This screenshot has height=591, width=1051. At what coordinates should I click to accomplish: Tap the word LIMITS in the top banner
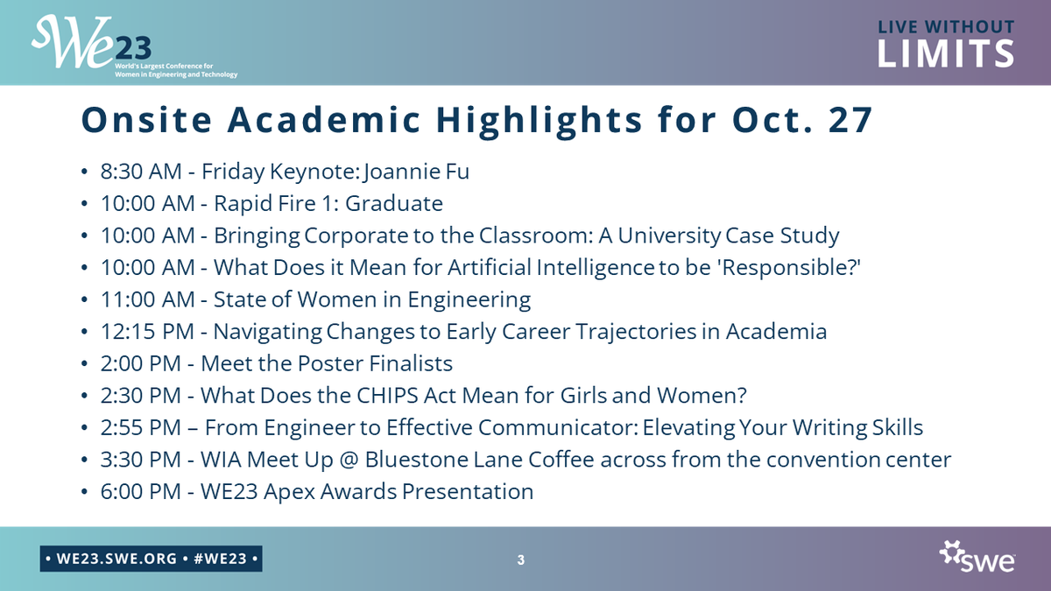[946, 53]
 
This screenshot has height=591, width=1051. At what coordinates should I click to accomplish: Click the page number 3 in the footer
[521, 559]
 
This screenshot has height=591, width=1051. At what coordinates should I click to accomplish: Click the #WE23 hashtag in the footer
[219, 558]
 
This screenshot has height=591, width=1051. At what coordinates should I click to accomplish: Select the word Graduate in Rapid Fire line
[394, 204]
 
